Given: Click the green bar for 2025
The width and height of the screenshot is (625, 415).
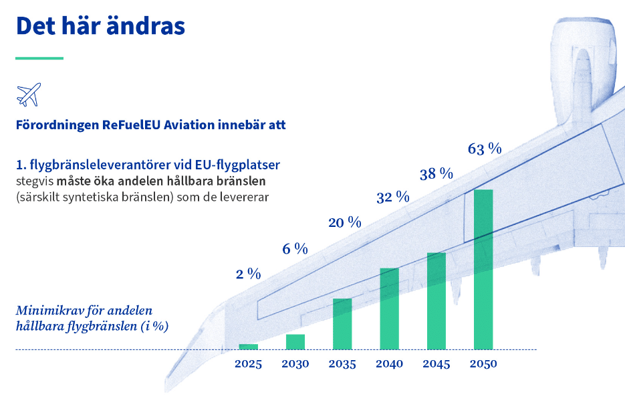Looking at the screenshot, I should (249, 347).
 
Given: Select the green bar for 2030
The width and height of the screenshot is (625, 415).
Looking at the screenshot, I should (295, 341).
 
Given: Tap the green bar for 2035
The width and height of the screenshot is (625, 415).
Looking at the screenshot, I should (342, 324).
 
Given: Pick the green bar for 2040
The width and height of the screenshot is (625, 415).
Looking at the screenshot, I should (389, 309).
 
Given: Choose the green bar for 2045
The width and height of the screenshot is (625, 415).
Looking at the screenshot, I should (436, 301).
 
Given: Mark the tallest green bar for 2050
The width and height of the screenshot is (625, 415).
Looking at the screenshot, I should (483, 269).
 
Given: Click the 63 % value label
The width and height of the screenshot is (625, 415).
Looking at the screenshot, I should (485, 149).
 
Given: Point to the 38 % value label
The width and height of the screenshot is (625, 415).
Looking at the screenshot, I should (436, 175).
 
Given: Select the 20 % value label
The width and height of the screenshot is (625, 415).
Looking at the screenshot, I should (345, 222).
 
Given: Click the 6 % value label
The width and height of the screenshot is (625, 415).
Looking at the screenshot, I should (295, 249).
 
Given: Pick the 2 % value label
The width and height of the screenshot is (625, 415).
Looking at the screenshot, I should (248, 274).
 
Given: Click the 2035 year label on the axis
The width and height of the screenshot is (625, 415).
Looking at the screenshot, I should (342, 364).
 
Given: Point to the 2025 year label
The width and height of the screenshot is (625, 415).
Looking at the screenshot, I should (249, 364).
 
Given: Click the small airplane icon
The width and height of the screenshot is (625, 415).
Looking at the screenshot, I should (29, 94).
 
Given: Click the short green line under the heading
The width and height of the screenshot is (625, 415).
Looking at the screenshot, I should (39, 58).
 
